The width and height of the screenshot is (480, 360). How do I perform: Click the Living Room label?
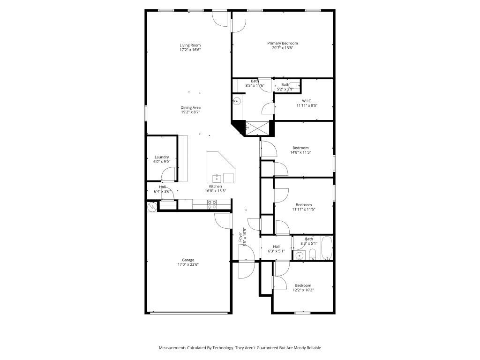pos(190,45)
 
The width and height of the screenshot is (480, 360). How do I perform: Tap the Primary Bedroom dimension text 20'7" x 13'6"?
pos(282,48)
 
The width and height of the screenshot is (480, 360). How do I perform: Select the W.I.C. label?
pos(307,101)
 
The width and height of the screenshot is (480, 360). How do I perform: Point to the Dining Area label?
pos(191,107)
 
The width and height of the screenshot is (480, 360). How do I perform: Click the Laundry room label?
pos(162,157)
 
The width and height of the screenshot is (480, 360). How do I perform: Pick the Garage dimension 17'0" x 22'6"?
pos(188,264)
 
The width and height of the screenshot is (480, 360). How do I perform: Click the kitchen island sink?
pos(217,178)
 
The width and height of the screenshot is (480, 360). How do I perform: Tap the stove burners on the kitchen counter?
pos(212,204)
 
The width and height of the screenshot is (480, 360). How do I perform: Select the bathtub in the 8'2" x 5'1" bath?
pos(327,248)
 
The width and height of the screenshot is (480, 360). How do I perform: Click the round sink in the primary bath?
pos(237,101)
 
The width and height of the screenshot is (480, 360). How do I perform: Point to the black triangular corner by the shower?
pos(240,127)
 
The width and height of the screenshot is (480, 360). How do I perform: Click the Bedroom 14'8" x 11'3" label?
pos(300,148)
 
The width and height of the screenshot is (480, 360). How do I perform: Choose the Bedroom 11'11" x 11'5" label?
pos(303,205)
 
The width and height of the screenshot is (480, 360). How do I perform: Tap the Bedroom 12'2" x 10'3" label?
pos(303,285)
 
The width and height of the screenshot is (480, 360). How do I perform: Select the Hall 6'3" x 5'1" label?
pos(276,247)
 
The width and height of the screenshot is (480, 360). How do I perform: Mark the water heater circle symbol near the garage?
pos(151,206)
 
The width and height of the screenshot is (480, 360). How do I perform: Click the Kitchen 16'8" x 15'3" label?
pos(216,187)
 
